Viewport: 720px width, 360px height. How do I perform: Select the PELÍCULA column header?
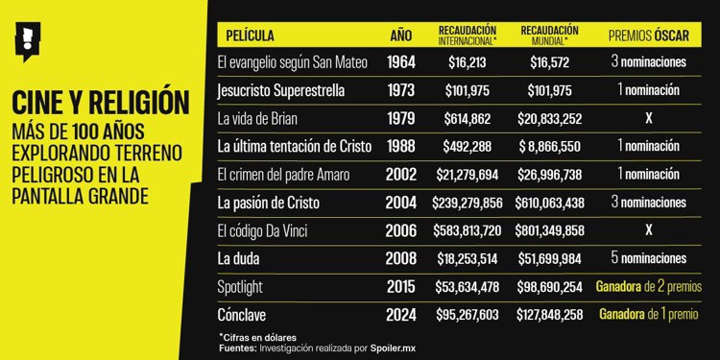pos(249,36)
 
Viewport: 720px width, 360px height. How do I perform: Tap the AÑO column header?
pos(401,36)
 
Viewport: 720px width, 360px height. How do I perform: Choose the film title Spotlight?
pos(246,286)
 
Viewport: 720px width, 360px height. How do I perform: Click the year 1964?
pos(401,62)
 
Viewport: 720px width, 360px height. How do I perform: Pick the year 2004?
pos(401,203)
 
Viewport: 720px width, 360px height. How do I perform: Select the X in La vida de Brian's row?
pos(649,119)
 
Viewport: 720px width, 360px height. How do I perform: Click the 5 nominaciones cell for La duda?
pos(649,258)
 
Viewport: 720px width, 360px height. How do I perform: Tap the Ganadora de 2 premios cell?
pos(649,286)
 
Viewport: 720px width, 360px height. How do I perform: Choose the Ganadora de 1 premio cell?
pos(649,314)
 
